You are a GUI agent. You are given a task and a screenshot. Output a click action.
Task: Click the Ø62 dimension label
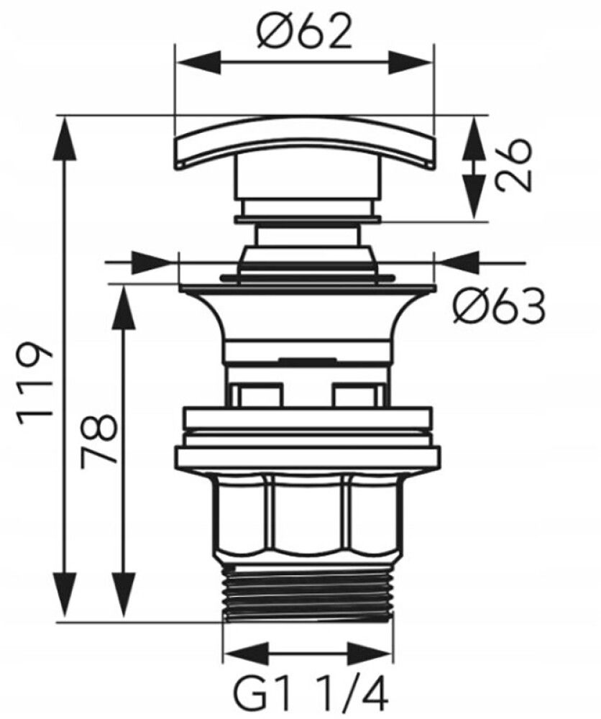pyautogui.click(x=304, y=30)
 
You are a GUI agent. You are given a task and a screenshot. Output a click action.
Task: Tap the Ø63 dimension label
pyautogui.click(x=499, y=306)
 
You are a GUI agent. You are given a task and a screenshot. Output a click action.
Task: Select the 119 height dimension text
pyautogui.click(x=35, y=379)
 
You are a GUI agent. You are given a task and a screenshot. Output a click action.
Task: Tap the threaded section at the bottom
pyautogui.click(x=308, y=592)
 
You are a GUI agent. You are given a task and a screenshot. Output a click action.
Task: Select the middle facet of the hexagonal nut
pyautogui.click(x=308, y=514)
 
